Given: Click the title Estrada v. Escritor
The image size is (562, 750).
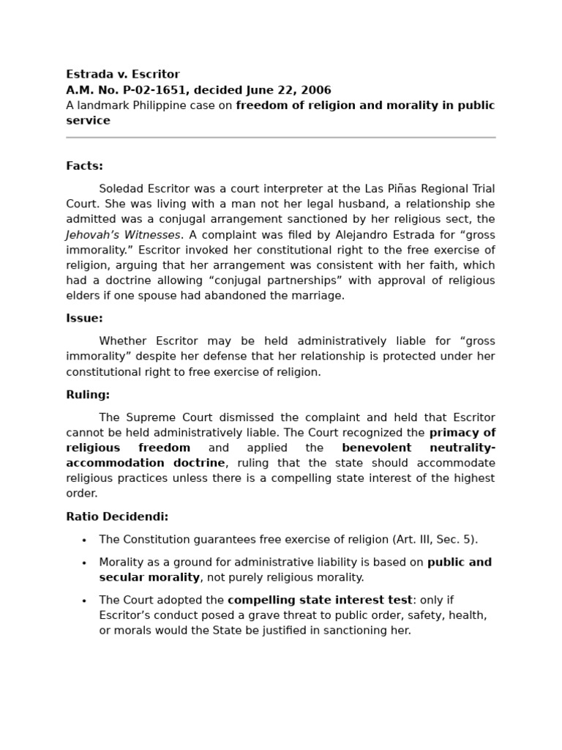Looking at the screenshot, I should pyautogui.click(x=122, y=75).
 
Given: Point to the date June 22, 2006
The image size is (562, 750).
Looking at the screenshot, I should pyautogui.click(x=291, y=90).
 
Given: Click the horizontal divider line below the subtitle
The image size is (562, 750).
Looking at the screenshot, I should pyautogui.click(x=280, y=137).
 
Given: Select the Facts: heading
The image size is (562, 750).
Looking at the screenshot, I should pyautogui.click(x=84, y=166).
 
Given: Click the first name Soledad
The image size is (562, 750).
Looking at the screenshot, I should pyautogui.click(x=121, y=189).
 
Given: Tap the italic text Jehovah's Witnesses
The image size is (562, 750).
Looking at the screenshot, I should pyautogui.click(x=122, y=235).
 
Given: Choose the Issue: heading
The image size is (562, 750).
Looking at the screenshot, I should pyautogui.click(x=84, y=319).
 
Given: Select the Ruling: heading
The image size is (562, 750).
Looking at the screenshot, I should pyautogui.click(x=88, y=395).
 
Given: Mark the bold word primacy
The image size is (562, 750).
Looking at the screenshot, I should pyautogui.click(x=454, y=432).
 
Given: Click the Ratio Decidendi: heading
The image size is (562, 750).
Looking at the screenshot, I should pyautogui.click(x=117, y=516).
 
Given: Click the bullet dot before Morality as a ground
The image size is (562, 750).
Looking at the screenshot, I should pyautogui.click(x=84, y=563).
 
